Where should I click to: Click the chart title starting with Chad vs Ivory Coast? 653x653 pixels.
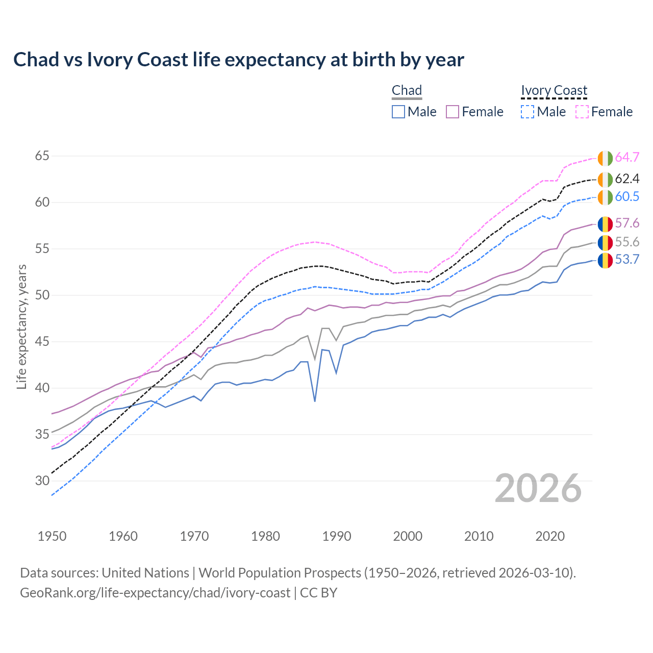(x=238, y=60)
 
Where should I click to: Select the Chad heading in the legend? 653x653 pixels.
(x=407, y=90)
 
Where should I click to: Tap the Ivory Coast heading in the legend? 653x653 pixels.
(x=554, y=90)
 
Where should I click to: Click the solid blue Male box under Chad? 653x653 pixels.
(x=398, y=112)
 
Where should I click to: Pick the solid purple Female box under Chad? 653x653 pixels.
(x=453, y=112)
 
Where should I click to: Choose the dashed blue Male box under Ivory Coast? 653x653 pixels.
(x=528, y=112)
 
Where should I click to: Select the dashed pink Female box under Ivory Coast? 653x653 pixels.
(x=582, y=112)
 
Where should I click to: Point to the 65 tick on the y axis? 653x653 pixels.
(x=42, y=156)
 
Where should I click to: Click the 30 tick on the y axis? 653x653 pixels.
(x=42, y=481)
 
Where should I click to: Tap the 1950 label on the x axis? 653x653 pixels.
(x=52, y=536)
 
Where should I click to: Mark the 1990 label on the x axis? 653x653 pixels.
(x=337, y=536)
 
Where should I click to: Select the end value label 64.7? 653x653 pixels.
(x=627, y=157)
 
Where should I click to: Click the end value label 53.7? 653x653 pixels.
(x=627, y=260)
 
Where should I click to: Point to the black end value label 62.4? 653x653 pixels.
(x=627, y=179)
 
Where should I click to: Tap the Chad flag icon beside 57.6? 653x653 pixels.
(x=605, y=223)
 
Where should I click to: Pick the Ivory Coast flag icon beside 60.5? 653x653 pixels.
(x=605, y=197)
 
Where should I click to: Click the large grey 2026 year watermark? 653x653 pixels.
(x=538, y=488)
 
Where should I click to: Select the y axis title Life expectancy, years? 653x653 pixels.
(x=21, y=326)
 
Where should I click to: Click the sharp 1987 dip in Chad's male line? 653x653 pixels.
(x=315, y=401)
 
